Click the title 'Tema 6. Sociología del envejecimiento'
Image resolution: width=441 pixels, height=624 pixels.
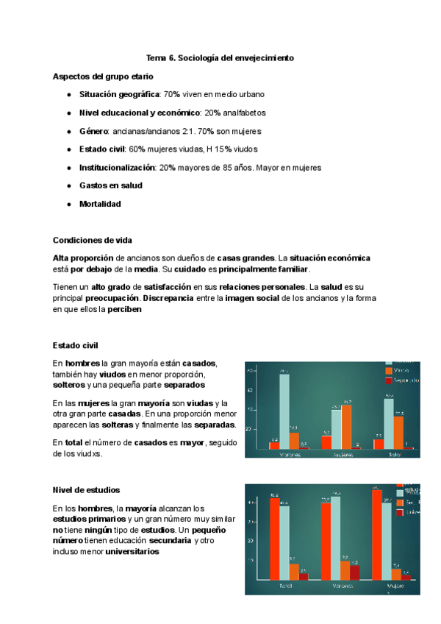[x=220, y=57]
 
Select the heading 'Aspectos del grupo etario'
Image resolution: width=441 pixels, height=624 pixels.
[x=104, y=76]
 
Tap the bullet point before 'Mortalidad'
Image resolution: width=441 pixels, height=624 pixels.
[x=68, y=204]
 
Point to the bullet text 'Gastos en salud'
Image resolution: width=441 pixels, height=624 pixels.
[x=110, y=185]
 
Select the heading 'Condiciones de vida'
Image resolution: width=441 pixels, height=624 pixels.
[x=92, y=240]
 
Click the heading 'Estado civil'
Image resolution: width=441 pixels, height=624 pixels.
[x=76, y=345]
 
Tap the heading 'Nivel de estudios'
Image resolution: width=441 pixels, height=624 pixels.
[x=87, y=489]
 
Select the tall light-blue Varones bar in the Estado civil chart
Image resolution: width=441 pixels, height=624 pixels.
[x=284, y=411]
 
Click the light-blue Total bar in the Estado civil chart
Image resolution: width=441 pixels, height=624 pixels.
[x=389, y=422]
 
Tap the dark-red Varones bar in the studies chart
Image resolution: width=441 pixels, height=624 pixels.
[x=355, y=572]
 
